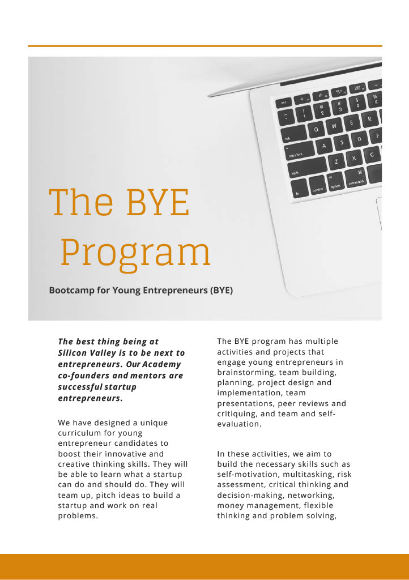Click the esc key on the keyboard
click(x=284, y=103)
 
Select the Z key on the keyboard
click(x=336, y=162)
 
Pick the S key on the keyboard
click(x=342, y=142)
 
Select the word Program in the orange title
click(x=135, y=253)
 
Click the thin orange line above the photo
click(x=204, y=46)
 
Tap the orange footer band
click(x=204, y=566)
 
